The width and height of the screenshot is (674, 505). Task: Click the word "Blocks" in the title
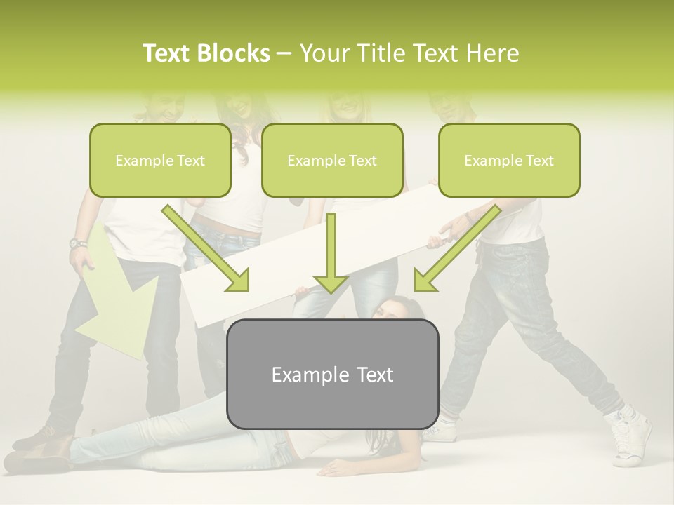234,53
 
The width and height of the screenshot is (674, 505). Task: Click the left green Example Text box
160,161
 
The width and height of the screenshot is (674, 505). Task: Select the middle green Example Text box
332,161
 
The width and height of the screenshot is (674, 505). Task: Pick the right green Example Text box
509,161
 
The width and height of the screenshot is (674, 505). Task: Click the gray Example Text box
332,375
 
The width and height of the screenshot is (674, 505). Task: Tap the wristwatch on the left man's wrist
78,244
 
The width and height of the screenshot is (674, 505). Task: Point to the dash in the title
284,54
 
